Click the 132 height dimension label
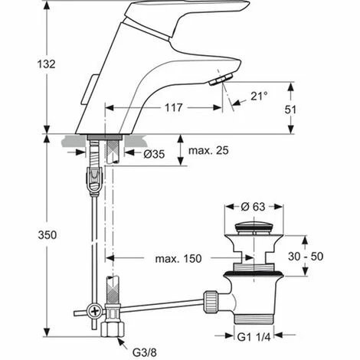[47, 64]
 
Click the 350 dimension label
[47, 235]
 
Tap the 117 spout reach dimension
[174, 107]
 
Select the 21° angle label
[259, 96]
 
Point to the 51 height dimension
[290, 110]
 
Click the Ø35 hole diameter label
[154, 154]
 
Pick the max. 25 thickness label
[208, 150]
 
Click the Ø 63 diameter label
[253, 207]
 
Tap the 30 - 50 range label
[306, 257]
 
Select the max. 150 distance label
[178, 259]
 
